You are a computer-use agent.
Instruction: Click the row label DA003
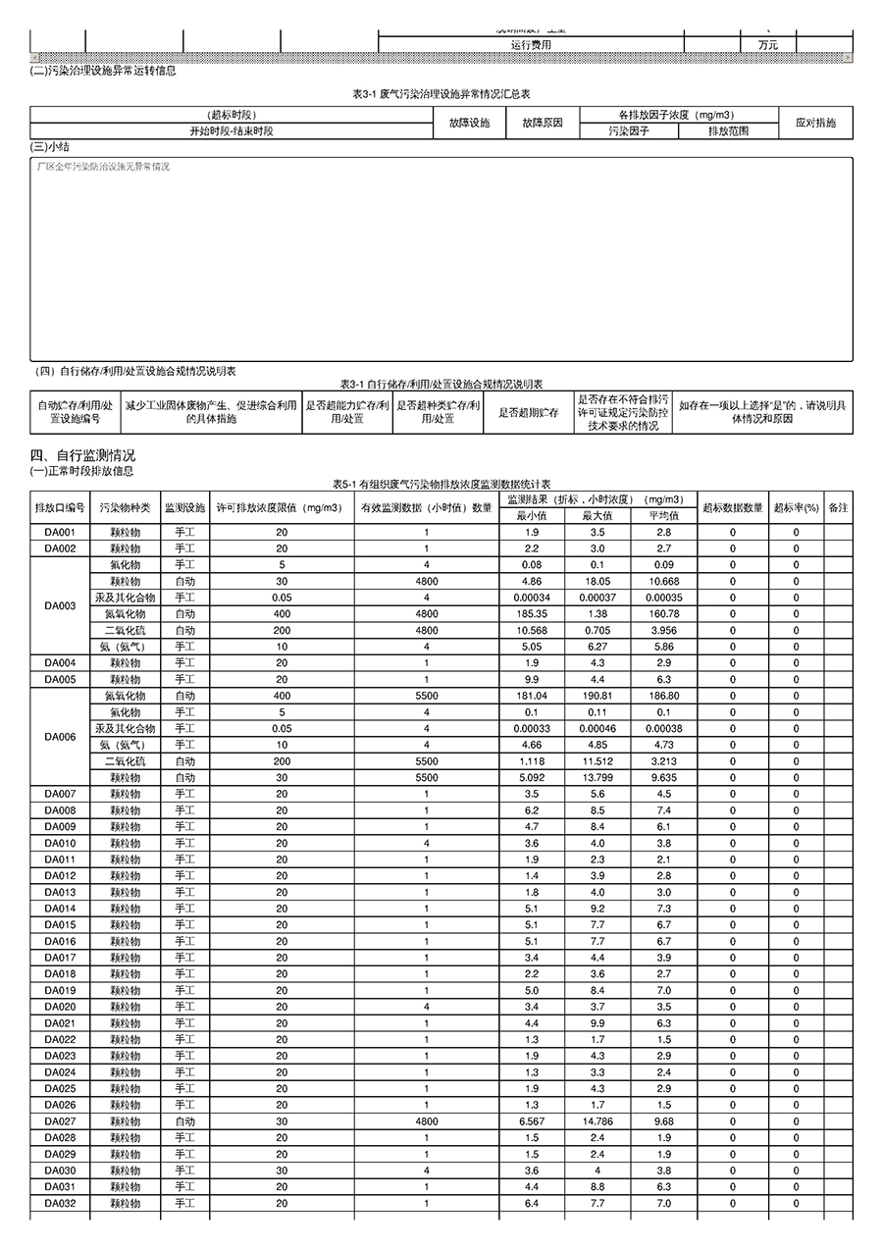(x=60, y=605)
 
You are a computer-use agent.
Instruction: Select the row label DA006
(x=60, y=736)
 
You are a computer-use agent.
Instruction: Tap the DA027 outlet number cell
(x=60, y=1121)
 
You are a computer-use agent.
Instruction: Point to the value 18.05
(x=597, y=581)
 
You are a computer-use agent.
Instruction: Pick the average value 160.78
(x=664, y=613)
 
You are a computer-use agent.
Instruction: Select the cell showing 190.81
(x=597, y=696)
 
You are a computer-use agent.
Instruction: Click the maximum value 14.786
(x=597, y=1121)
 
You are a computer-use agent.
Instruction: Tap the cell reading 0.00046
(x=597, y=728)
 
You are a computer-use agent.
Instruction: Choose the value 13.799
(x=597, y=777)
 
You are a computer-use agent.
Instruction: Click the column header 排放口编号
(x=60, y=507)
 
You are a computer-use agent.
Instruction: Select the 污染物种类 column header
(x=125, y=507)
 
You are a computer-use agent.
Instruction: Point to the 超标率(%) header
(x=796, y=507)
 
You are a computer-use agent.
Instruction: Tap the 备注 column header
(x=838, y=507)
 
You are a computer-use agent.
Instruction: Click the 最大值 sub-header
(x=597, y=515)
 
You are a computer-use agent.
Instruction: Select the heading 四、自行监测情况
(x=82, y=455)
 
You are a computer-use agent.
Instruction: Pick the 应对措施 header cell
(x=816, y=123)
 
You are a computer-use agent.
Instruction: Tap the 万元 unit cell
(x=768, y=44)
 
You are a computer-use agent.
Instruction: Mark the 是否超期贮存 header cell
(x=529, y=413)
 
